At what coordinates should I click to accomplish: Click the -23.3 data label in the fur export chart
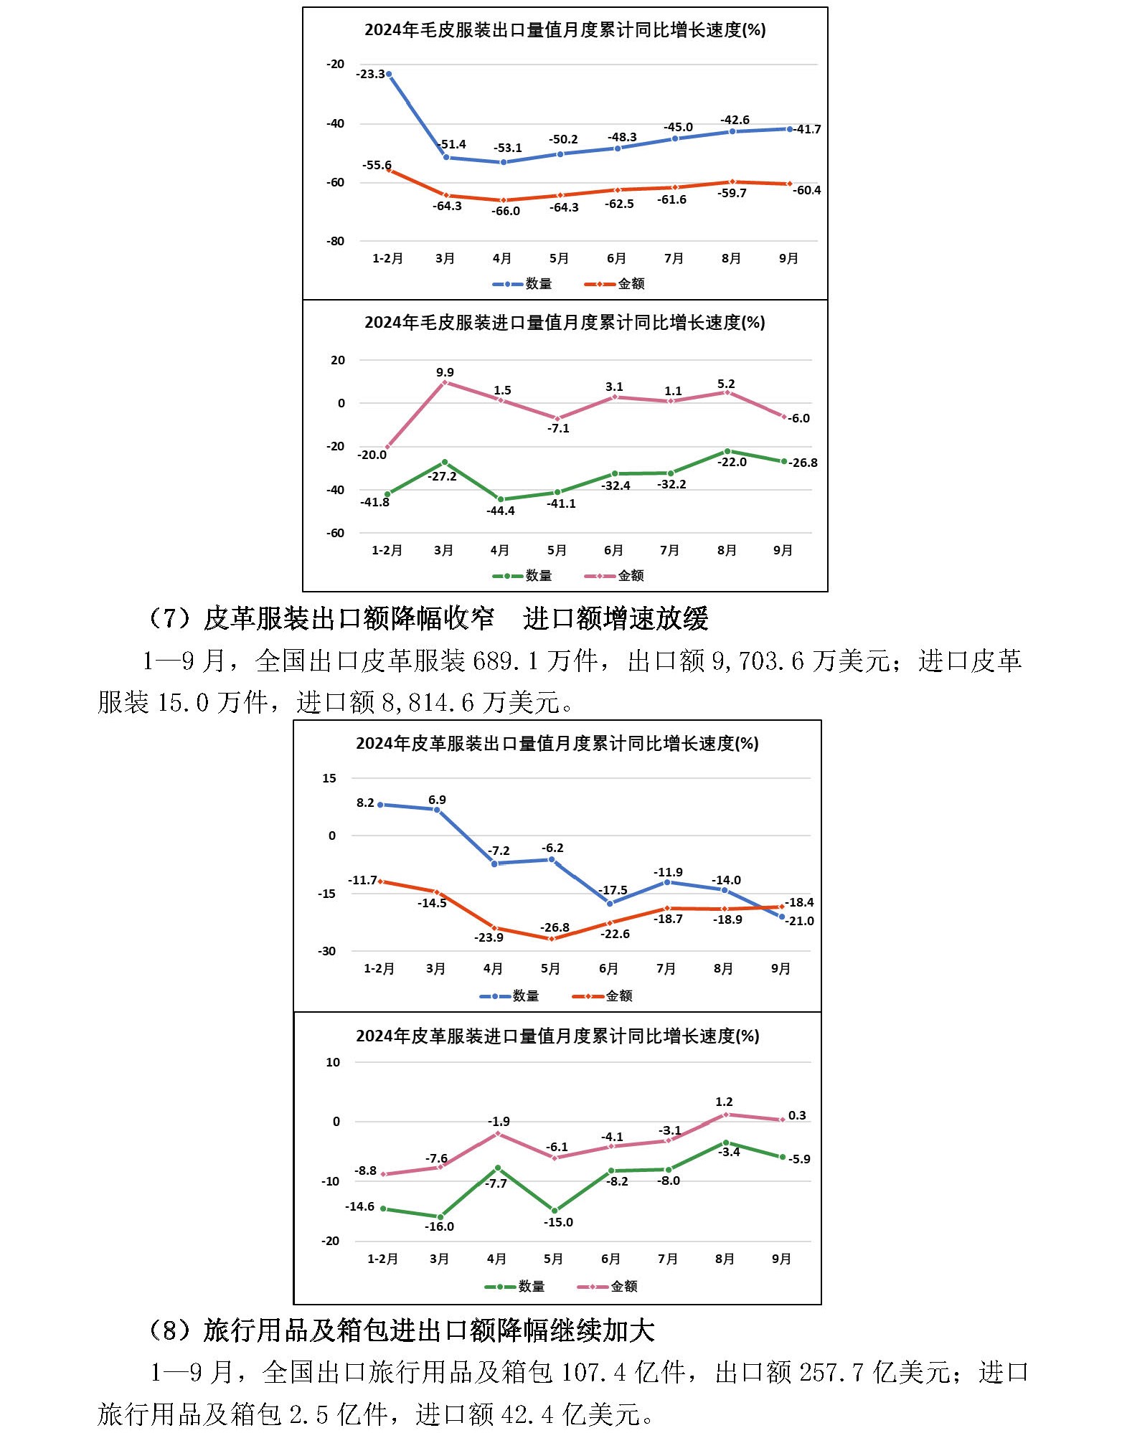tap(370, 74)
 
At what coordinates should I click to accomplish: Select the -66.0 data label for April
tap(506, 211)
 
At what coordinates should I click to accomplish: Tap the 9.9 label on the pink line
tap(445, 372)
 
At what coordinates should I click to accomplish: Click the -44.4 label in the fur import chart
tap(501, 511)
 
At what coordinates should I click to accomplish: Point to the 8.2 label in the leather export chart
tap(365, 803)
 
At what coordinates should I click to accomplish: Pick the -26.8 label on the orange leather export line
tap(555, 927)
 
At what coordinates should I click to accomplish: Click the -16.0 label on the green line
tap(439, 1226)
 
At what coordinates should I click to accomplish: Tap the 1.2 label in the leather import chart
tap(724, 1102)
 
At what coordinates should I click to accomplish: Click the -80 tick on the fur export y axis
tap(335, 241)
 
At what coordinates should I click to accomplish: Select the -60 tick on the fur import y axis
tap(335, 533)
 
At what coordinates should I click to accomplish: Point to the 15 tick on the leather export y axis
tap(329, 778)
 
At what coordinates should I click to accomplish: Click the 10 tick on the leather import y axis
tap(333, 1062)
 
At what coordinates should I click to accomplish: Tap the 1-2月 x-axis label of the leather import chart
tap(382, 1259)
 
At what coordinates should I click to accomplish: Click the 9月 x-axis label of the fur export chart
tap(788, 258)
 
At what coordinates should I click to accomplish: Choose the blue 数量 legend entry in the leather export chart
tap(509, 995)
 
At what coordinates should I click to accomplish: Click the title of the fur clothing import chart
tap(565, 323)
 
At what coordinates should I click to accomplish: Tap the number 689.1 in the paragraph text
tap(505, 661)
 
